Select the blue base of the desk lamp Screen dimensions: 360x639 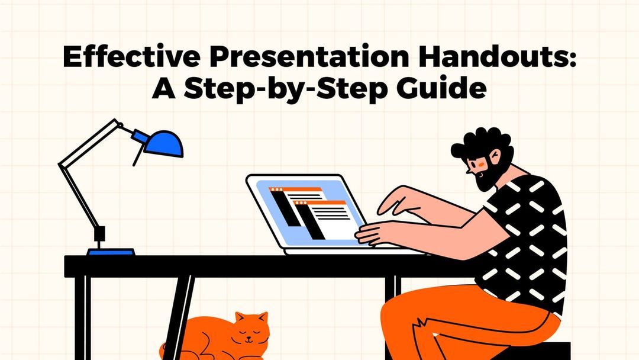tap(111, 252)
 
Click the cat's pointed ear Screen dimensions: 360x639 tap(240, 319)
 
